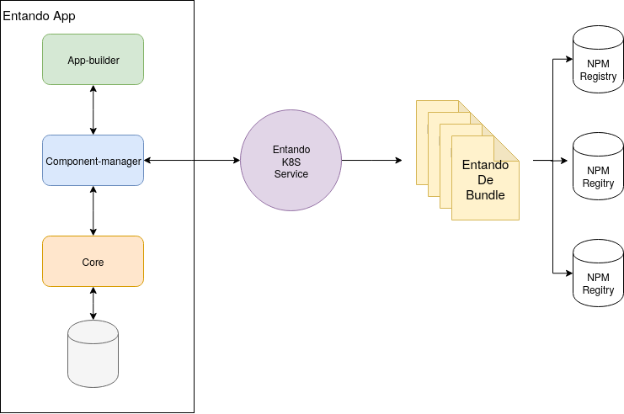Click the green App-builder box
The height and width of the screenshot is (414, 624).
(93, 59)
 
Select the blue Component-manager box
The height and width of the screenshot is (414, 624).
(93, 160)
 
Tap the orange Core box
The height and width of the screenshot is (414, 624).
(93, 262)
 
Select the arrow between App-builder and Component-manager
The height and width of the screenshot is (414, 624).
(93, 109)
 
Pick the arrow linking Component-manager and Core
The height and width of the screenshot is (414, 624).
(93, 210)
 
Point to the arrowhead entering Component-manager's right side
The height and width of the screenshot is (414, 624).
(148, 160)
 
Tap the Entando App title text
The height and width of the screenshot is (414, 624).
(39, 15)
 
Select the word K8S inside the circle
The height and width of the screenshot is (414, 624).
(291, 162)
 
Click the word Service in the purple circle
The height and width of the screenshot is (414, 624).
(291, 174)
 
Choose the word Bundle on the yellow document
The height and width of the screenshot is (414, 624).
(485, 195)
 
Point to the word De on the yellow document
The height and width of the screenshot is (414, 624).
(485, 180)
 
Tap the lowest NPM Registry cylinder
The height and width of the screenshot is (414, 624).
(598, 273)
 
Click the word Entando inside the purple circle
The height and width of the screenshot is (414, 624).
(291, 149)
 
